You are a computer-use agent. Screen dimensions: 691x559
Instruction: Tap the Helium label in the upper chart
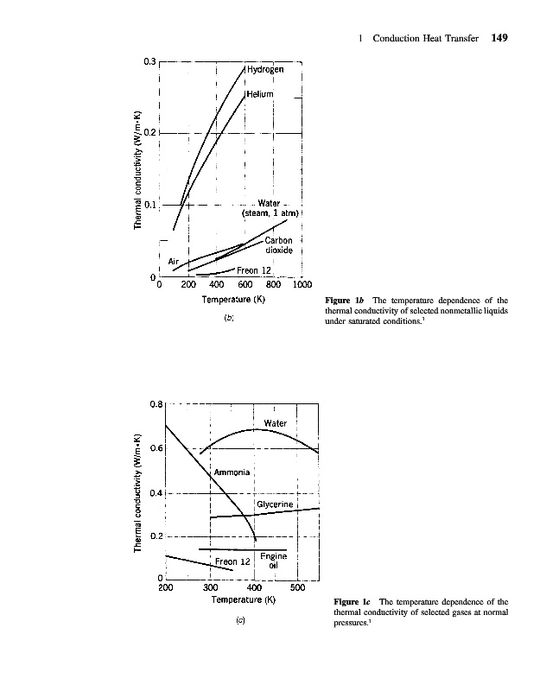pyautogui.click(x=260, y=93)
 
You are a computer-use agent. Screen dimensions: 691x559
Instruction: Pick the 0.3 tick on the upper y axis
pyautogui.click(x=149, y=61)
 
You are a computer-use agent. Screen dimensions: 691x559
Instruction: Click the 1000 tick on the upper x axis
pyautogui.click(x=302, y=284)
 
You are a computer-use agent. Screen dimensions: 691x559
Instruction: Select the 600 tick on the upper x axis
pyautogui.click(x=245, y=284)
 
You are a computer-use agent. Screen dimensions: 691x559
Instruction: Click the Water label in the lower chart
pyautogui.click(x=275, y=423)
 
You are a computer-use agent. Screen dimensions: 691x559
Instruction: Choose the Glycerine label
pyautogui.click(x=276, y=503)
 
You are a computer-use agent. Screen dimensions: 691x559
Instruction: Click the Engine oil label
pyautogui.click(x=273, y=561)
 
